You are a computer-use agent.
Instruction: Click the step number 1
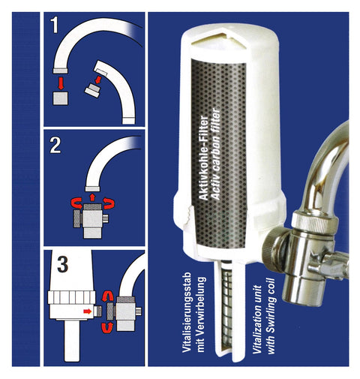pos(55,25)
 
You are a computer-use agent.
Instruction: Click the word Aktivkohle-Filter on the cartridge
pos(204,158)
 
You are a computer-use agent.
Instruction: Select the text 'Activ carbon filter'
pos(215,153)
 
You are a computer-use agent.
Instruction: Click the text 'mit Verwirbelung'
pos(201,314)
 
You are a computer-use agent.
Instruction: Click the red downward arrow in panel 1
pos(60,83)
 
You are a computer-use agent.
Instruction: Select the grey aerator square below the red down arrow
pos(60,98)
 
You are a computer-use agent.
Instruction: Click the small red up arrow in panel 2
pos(92,197)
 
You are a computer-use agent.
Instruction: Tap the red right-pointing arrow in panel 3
pos(88,311)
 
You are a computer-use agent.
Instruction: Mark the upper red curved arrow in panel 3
pos(107,296)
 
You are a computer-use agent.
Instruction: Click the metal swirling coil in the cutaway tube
pos(226,306)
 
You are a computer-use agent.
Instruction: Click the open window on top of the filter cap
pos(217,41)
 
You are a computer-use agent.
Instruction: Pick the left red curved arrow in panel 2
pos(77,203)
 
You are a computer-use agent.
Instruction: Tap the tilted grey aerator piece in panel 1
pos(92,90)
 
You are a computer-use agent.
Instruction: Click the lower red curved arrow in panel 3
pos(107,327)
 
